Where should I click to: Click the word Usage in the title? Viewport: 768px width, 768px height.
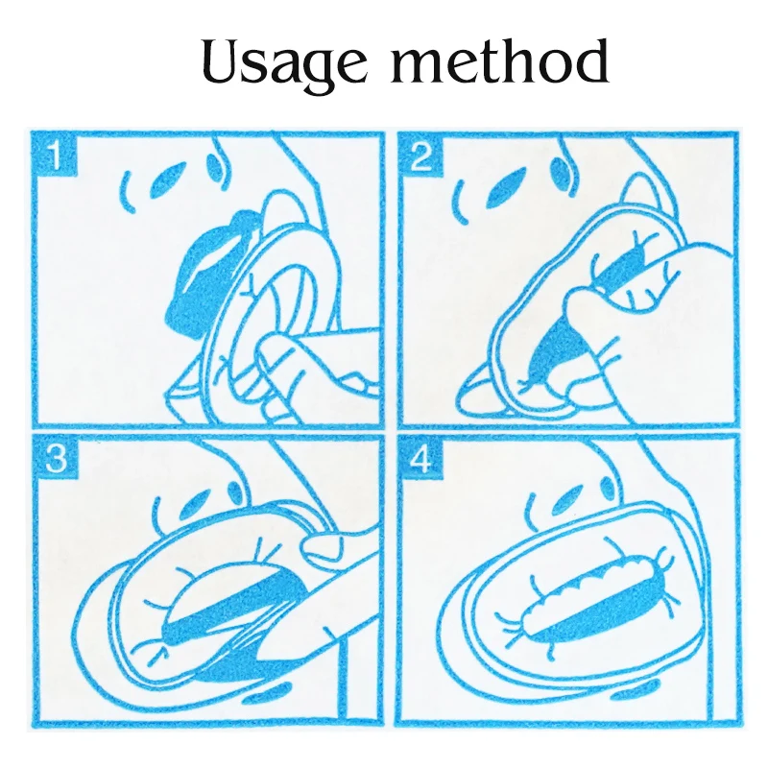tap(284, 64)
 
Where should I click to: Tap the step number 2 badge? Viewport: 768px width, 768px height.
tap(420, 156)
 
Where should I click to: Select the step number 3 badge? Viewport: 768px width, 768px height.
tap(55, 458)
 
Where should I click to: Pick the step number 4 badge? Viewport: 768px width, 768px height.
tap(420, 458)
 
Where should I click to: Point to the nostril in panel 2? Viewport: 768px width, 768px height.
tap(560, 172)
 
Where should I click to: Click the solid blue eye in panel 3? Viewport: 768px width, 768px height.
tap(195, 509)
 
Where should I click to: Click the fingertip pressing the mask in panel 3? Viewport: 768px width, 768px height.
tap(321, 549)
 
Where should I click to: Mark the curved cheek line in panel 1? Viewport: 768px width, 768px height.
tap(128, 192)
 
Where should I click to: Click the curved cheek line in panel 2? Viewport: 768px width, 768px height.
tap(461, 202)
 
